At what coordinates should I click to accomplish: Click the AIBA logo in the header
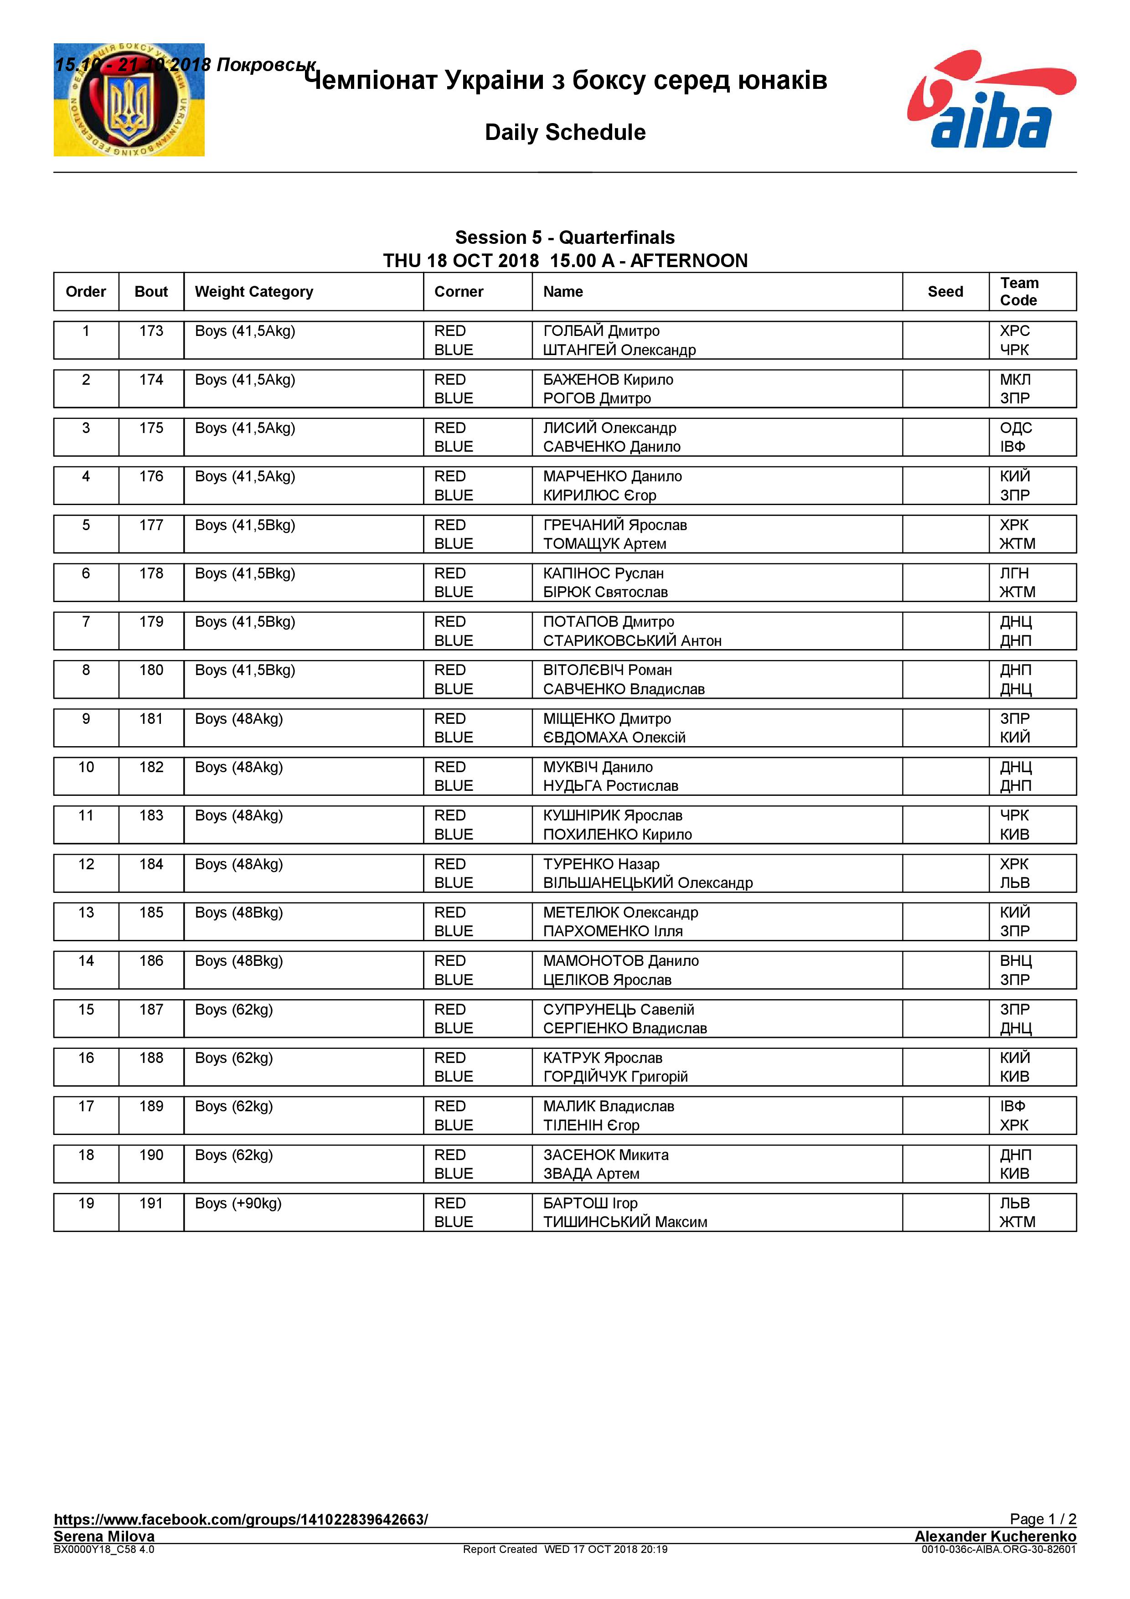click(x=991, y=99)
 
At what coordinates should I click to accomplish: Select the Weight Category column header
click(x=254, y=292)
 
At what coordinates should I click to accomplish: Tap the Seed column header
click(x=945, y=292)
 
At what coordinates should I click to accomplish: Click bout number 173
click(x=151, y=331)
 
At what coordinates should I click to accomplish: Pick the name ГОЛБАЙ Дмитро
click(x=601, y=331)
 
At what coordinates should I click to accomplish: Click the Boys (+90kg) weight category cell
click(x=238, y=1203)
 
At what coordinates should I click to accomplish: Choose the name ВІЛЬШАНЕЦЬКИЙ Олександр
click(x=647, y=883)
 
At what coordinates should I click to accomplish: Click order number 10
click(x=86, y=768)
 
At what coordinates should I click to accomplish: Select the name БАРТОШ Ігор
click(x=590, y=1203)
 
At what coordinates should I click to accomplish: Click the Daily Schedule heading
click(x=565, y=132)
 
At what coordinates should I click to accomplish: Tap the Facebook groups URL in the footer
click(x=241, y=1519)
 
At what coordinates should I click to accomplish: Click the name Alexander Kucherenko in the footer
click(x=995, y=1536)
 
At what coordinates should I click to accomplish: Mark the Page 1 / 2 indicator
click(x=1042, y=1519)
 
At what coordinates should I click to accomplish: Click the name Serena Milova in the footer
click(x=104, y=1536)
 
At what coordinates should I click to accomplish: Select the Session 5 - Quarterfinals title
click(x=565, y=237)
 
